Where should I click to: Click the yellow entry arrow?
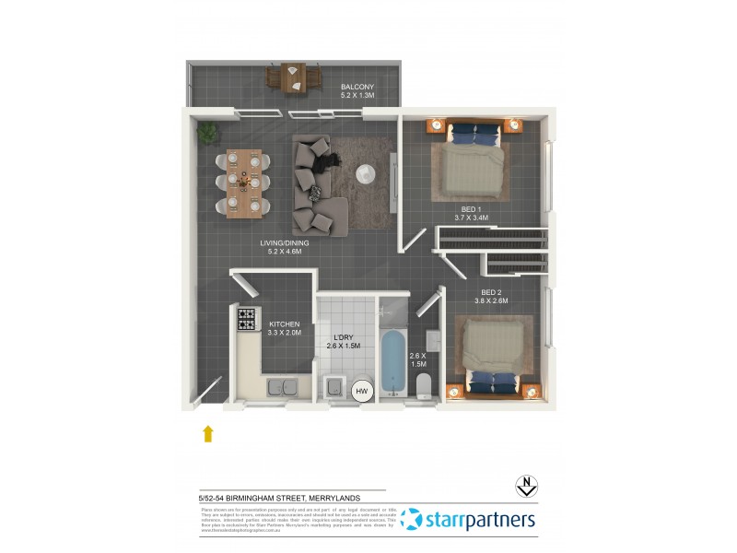point(208,433)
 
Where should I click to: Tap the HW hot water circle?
point(363,393)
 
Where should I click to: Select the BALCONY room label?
point(357,89)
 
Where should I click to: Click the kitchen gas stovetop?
point(247,320)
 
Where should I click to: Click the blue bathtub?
point(392,361)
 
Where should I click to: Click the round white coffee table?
point(367,173)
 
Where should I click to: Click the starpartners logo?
point(468,520)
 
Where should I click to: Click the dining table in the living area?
point(244,182)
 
